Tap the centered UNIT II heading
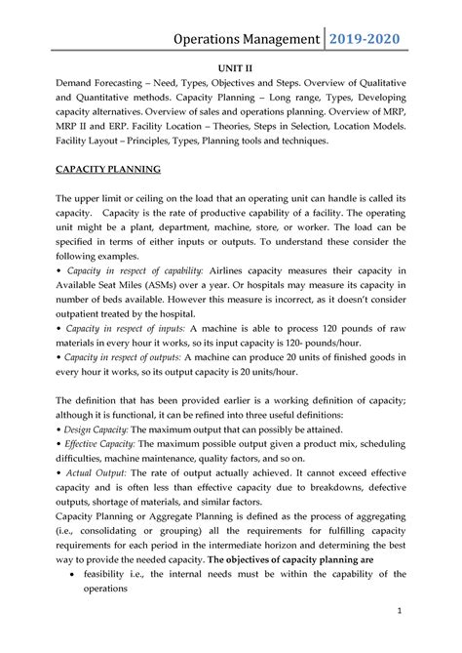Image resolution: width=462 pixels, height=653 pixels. tap(231, 72)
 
